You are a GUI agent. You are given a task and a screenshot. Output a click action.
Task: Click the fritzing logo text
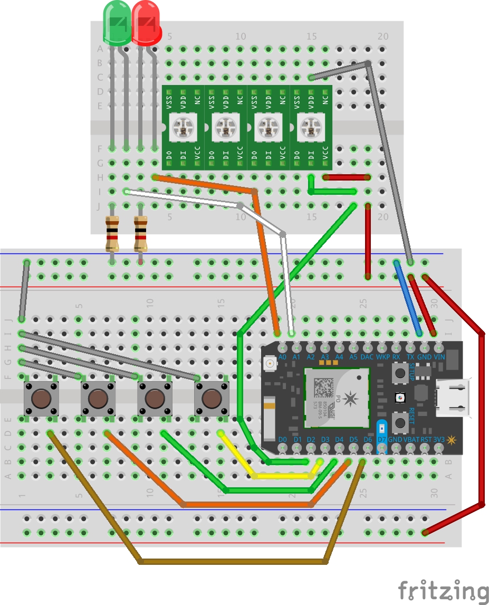[443, 590]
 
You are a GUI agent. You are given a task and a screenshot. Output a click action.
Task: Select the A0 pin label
[282, 357]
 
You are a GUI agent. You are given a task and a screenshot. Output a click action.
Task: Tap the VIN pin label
[439, 357]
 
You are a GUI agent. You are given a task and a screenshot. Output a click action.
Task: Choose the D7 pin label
[382, 439]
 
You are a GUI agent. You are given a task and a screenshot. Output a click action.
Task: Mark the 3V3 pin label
[439, 439]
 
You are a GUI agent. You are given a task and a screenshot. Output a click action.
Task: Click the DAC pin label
[367, 357]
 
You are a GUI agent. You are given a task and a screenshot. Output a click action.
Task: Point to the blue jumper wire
[407, 298]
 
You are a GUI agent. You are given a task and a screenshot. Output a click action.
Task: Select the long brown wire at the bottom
[232, 561]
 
